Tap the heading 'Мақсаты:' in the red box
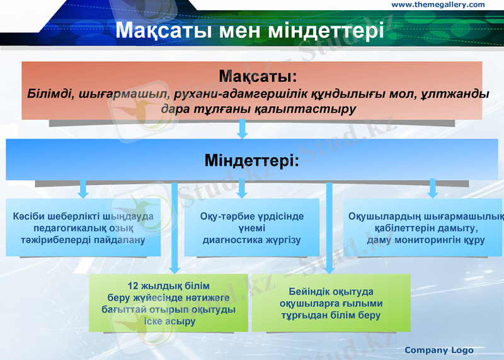tap(258, 77)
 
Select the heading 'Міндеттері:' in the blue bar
tap(251, 160)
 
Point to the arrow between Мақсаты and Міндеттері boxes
tap(242, 129)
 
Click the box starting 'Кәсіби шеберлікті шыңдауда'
tap(83, 228)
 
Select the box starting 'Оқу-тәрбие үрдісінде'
tap(252, 228)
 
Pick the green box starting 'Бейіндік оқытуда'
tap(331, 303)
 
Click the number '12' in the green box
tap(133, 285)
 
